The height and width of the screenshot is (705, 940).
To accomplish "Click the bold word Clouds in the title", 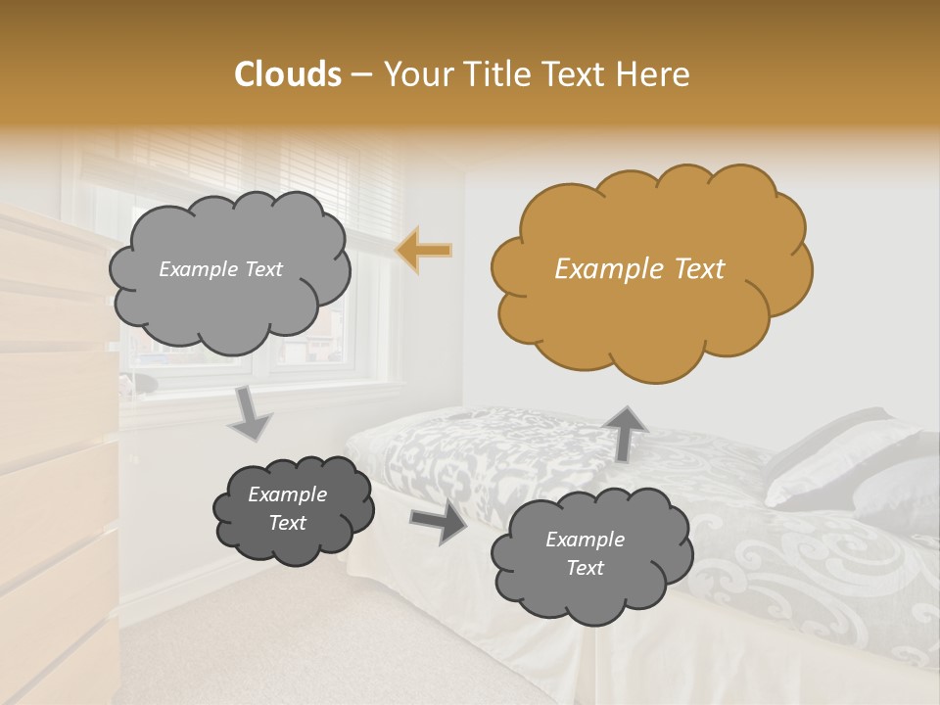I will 288,74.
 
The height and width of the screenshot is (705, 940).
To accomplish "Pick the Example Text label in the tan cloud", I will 639,269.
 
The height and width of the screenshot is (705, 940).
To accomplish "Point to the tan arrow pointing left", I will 424,251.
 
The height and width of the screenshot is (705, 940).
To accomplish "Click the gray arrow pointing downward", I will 251,413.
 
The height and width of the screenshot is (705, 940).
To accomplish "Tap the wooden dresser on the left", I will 54,441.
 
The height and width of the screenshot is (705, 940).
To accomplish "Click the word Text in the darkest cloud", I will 288,523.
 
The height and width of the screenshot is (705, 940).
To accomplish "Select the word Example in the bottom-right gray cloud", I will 585,540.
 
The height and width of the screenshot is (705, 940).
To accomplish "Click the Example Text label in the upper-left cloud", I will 220,269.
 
